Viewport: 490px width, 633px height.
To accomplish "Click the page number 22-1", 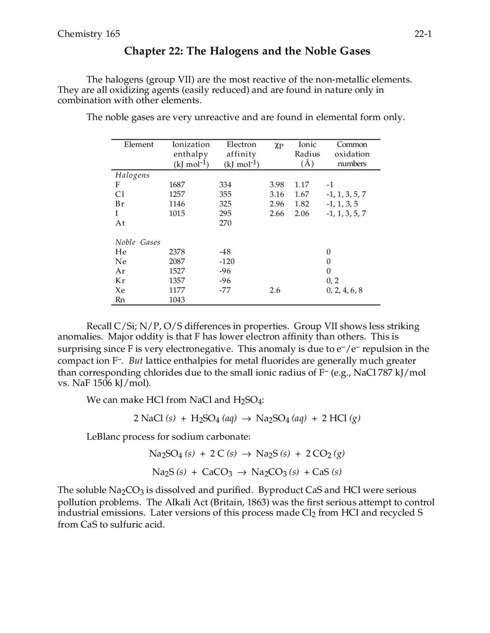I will tap(423, 34).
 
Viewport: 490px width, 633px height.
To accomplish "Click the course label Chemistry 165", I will tap(88, 34).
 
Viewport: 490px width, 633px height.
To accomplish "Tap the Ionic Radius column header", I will tap(307, 154).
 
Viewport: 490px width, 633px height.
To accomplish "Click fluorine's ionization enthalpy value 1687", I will tap(177, 185).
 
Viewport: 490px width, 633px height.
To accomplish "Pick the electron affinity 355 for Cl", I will tap(225, 194).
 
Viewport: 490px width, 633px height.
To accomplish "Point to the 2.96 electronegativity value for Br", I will tap(276, 204).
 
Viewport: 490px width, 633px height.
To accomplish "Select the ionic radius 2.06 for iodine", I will tap(302, 214).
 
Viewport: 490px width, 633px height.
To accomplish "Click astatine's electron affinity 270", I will tap(225, 223).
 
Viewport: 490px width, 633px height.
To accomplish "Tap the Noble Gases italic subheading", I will tap(138, 242).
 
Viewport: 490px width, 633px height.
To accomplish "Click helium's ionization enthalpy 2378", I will tap(177, 252).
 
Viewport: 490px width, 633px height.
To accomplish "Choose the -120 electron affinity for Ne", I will tap(227, 261).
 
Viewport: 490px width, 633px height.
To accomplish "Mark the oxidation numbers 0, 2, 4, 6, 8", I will tap(344, 291).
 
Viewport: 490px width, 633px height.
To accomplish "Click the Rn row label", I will tap(120, 300).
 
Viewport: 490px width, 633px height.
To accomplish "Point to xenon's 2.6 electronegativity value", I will tap(274, 291).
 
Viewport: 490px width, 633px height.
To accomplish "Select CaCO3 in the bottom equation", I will tap(217, 472).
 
